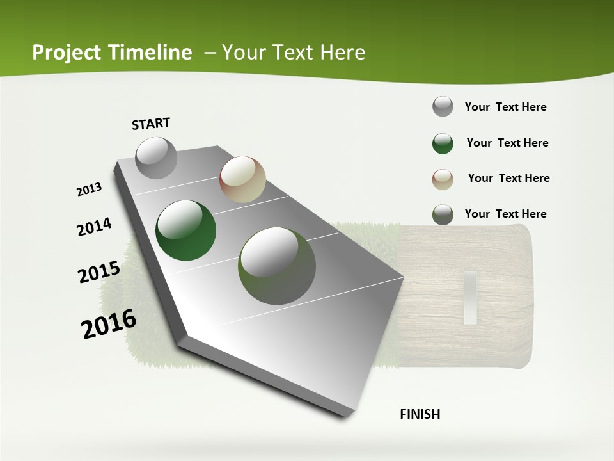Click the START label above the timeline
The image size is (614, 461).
(x=151, y=124)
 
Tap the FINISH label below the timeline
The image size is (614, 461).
(x=420, y=414)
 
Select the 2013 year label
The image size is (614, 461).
(x=90, y=190)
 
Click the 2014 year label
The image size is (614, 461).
(x=94, y=227)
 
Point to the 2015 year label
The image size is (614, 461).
(x=99, y=272)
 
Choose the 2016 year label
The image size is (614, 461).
(x=109, y=324)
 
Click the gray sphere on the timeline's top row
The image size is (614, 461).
(x=156, y=158)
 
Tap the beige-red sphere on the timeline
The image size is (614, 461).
(x=242, y=179)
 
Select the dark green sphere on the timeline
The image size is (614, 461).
(x=186, y=230)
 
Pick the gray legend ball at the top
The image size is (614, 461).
(x=443, y=106)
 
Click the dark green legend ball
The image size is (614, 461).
(x=443, y=143)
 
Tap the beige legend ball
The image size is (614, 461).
(x=443, y=179)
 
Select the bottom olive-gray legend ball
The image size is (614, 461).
(x=443, y=214)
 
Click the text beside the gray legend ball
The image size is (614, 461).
(x=505, y=107)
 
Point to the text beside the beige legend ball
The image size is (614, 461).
(x=508, y=178)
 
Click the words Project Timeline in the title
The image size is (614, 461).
(x=112, y=53)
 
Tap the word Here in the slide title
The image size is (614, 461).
(x=342, y=53)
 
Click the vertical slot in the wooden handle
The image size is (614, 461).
(x=471, y=298)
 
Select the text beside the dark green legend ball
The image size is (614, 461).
(x=507, y=143)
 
